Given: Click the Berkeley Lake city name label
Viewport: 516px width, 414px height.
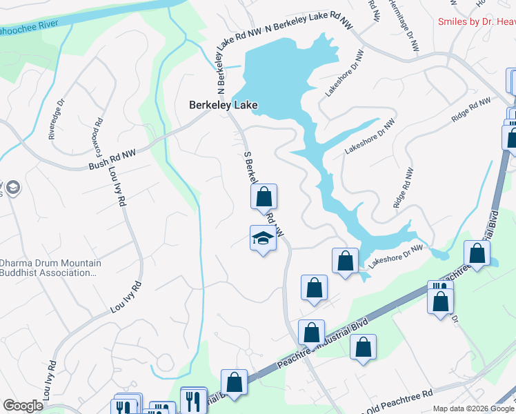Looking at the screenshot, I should (224, 105).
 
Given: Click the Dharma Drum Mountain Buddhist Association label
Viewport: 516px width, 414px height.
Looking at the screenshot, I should (51, 268).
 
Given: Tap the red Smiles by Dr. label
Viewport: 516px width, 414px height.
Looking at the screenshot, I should (477, 22).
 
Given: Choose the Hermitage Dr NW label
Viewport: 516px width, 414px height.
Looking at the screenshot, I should (406, 28).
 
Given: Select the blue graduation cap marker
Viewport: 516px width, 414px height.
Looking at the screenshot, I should (262, 239).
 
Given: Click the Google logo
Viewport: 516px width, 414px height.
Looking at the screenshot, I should (23, 406).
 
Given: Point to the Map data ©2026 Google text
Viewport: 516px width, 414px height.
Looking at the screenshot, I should (473, 408).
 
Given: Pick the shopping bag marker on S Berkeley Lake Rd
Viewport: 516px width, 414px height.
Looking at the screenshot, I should (264, 197).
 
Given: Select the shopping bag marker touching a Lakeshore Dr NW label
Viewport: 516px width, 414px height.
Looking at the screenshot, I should (345, 261).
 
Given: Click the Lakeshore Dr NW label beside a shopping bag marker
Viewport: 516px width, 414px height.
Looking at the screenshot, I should (395, 256).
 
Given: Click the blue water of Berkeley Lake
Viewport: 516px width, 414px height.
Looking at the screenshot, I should (276, 76).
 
